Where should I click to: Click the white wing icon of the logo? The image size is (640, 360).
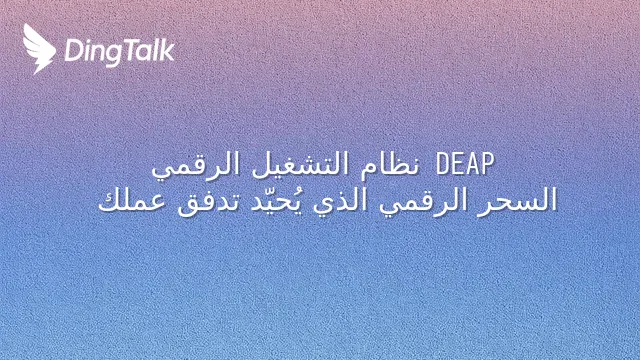(39, 49)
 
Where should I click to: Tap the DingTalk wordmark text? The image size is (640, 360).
(120, 52)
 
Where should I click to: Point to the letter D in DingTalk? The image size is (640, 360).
(73, 51)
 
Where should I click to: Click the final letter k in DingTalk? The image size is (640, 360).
(167, 51)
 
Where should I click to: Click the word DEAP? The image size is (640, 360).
(465, 164)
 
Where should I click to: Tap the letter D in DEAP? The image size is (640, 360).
(442, 164)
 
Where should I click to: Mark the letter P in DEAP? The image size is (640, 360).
(487, 164)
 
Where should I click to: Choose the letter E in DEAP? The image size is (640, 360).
(458, 164)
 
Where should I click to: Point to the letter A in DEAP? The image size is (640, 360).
(472, 164)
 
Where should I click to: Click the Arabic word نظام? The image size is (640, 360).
(389, 164)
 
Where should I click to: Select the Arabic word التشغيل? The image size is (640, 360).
(299, 165)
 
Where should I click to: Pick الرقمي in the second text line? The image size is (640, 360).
(423, 202)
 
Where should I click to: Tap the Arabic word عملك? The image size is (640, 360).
(132, 200)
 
